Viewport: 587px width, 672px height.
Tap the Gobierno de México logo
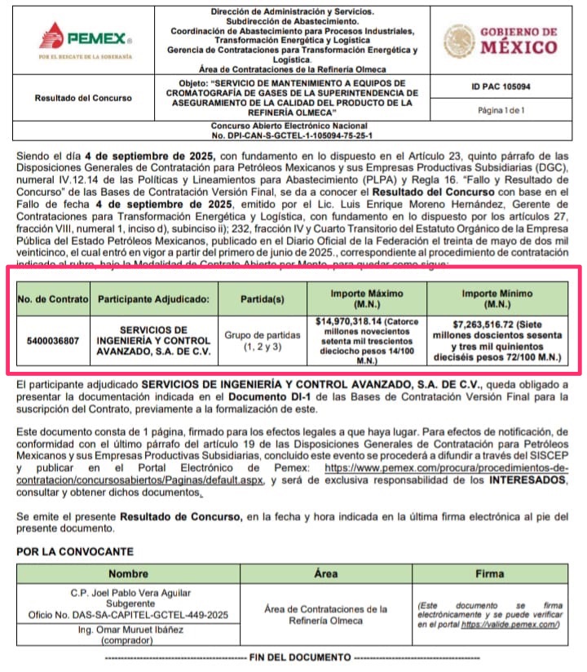(x=501, y=41)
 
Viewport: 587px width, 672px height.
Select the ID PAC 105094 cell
(x=501, y=86)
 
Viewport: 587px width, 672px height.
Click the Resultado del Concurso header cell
(x=83, y=98)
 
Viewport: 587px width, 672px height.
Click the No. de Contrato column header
(x=53, y=298)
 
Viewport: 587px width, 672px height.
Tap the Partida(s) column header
(x=263, y=298)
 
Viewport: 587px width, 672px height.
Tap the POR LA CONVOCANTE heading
(x=74, y=552)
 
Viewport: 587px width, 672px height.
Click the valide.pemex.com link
(x=510, y=624)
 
